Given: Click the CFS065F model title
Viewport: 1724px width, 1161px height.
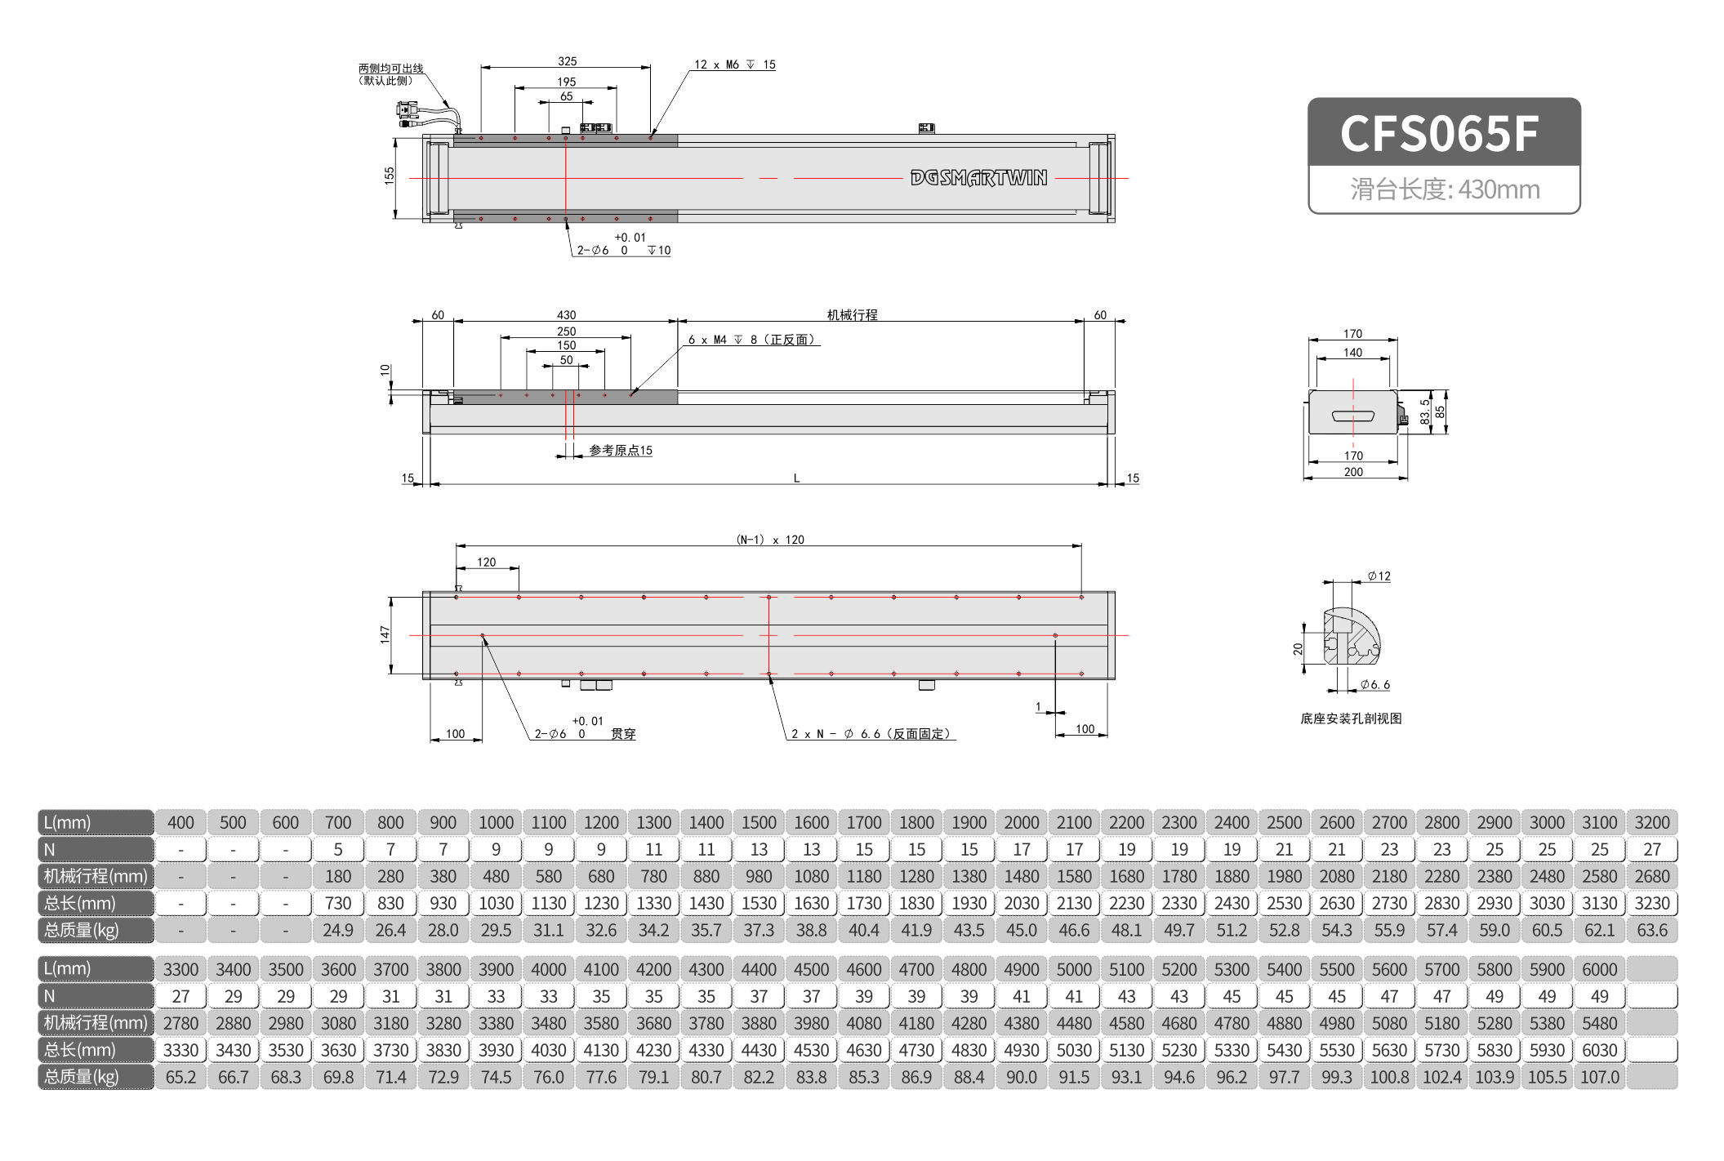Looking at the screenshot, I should pos(1439,133).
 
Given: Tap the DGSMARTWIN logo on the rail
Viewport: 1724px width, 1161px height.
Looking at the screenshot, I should pos(978,178).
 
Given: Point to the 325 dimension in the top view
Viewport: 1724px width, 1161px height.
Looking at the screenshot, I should pos(567,61).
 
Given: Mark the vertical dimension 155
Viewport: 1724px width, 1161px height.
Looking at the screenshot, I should pos(390,175).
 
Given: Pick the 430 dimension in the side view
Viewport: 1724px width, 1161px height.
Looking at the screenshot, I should pos(566,315).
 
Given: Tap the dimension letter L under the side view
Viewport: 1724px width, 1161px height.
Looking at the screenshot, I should pos(796,478).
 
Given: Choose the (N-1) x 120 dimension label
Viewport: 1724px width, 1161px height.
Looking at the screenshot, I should pos(769,540).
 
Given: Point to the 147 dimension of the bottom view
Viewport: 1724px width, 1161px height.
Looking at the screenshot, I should pos(385,634).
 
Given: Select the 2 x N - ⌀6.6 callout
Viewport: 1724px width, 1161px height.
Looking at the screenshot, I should pos(871,734).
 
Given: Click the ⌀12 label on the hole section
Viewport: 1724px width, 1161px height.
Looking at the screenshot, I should pos(1379,576).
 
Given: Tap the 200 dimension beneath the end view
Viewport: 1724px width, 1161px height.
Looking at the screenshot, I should pos(1353,472).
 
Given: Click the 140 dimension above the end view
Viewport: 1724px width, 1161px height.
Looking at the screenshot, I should pos(1352,353).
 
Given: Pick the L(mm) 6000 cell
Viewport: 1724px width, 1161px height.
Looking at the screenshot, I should pos(1599,969).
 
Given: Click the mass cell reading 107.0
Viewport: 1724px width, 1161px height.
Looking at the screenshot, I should pos(1599,1077).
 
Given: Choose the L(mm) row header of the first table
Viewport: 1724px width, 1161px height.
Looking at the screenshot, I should pos(96,822).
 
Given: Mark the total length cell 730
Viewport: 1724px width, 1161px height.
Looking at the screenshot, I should pos(338,903).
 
